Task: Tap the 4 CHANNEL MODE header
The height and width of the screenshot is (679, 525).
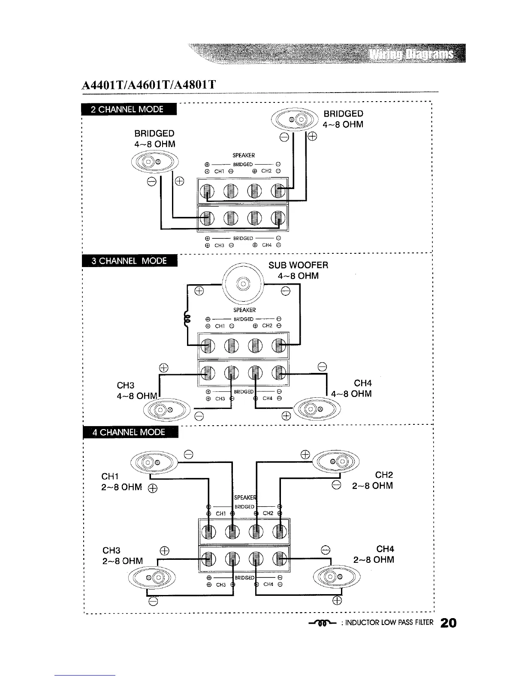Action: [x=129, y=432]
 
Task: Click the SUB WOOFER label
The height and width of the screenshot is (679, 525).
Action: [x=299, y=265]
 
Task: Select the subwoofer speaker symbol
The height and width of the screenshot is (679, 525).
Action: [x=242, y=284]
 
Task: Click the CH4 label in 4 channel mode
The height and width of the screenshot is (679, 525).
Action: [x=385, y=549]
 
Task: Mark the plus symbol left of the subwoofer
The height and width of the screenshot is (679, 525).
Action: [x=198, y=291]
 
